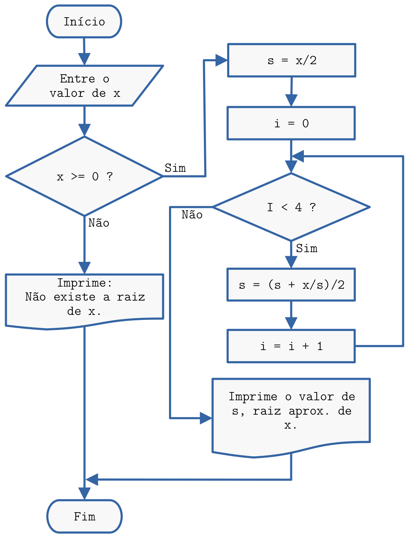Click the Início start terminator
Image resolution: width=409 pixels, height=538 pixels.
[x=84, y=22]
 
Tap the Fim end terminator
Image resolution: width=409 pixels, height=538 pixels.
[x=84, y=516]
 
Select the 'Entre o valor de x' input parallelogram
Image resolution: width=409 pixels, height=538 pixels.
[x=84, y=86]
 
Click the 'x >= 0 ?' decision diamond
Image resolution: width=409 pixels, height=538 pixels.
[x=84, y=176]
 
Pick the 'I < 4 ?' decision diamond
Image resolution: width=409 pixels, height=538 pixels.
[x=291, y=207]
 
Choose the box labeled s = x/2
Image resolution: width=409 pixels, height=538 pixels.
[x=292, y=60]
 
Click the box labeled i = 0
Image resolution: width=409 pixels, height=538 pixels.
[x=291, y=123]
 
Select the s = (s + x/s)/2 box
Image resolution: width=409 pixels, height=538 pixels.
[x=291, y=285]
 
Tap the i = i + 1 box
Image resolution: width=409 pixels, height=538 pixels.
[x=291, y=346]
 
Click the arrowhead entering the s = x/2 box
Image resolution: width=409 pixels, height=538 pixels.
[x=222, y=60]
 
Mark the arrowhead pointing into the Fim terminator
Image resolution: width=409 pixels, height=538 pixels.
[x=84, y=493]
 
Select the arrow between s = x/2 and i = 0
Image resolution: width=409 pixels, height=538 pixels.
[x=291, y=91]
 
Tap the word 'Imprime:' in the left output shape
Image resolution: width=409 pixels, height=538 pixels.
[x=85, y=283]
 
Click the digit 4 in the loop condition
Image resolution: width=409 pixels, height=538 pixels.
[x=298, y=207]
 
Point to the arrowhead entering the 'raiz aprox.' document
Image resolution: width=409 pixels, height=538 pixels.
[x=206, y=418]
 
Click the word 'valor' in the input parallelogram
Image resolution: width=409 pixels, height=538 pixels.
[x=67, y=93]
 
